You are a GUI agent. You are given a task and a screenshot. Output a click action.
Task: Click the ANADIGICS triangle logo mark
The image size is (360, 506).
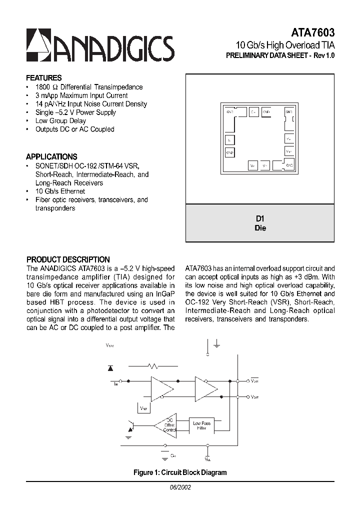(37, 45)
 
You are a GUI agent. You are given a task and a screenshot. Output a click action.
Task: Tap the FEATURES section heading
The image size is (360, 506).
(44, 78)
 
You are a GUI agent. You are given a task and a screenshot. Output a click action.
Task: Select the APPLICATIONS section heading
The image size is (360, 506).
(51, 156)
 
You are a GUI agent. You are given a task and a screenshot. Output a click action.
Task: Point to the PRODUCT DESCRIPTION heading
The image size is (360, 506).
(68, 259)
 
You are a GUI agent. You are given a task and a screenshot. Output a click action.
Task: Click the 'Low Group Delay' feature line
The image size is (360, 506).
(60, 120)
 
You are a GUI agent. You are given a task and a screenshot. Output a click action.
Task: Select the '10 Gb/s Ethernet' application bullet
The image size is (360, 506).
(60, 191)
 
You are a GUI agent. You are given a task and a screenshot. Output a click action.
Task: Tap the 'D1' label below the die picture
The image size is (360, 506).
(260, 219)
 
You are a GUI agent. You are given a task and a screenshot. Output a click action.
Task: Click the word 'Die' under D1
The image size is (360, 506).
(260, 228)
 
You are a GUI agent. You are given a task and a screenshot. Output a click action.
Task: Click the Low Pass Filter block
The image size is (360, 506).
(201, 425)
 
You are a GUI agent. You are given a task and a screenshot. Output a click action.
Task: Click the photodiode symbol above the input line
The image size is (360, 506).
(110, 368)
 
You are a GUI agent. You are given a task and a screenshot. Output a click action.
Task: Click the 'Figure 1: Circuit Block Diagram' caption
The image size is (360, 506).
(180, 472)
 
